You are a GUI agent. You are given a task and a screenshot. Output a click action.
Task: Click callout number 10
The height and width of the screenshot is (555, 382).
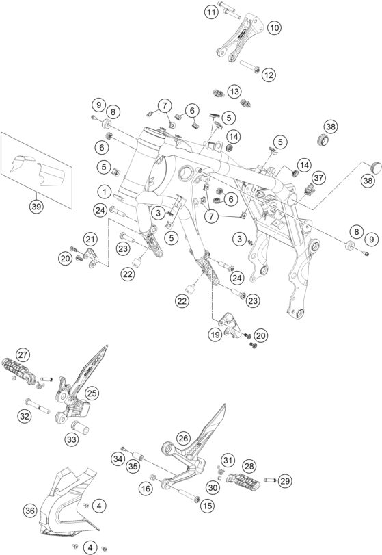[274, 27]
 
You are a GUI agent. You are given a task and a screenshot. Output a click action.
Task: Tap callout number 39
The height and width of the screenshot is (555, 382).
[36, 207]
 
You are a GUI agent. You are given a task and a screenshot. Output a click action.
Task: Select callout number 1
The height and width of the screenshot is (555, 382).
[105, 192]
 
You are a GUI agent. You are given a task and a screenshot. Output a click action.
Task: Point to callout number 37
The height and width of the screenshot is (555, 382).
[318, 178]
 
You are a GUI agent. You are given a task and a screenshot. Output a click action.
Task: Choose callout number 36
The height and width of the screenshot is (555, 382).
[30, 511]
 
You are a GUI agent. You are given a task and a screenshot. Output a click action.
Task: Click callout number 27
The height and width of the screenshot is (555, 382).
[23, 354]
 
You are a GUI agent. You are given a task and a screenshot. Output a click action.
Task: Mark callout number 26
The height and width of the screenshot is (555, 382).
[183, 439]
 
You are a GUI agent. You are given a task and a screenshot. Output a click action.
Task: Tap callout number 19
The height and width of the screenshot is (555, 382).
[215, 335]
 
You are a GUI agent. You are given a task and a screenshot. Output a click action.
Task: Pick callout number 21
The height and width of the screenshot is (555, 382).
[90, 240]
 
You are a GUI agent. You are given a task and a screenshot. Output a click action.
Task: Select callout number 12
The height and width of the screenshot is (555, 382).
[269, 75]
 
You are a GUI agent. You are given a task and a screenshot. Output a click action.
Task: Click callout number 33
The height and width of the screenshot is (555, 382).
[72, 439]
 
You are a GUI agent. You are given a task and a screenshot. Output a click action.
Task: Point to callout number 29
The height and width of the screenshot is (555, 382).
[285, 480]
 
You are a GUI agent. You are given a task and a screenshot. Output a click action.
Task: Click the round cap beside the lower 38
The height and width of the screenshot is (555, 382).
[375, 166]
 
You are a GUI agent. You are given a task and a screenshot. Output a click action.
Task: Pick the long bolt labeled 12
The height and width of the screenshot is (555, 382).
[249, 67]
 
